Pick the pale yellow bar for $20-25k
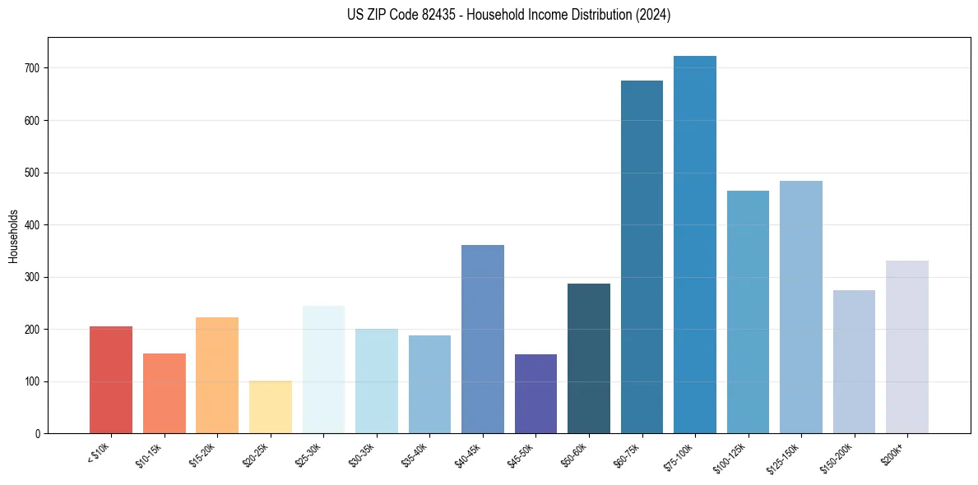pyautogui.click(x=271, y=407)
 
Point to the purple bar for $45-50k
pyautogui.click(x=535, y=394)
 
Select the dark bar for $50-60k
pyautogui.click(x=589, y=358)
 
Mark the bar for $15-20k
pyautogui.click(x=217, y=375)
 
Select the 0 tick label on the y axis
pyautogui.click(x=39, y=434)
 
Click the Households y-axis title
pyautogui.click(x=14, y=236)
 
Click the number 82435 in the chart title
pyautogui.click(x=432, y=15)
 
